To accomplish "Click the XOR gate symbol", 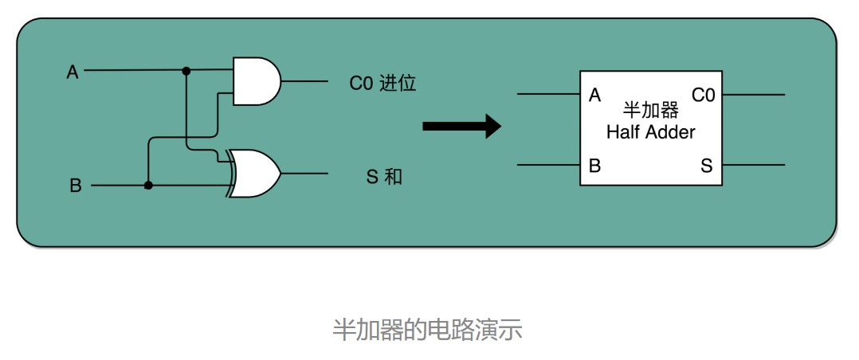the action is (x=255, y=173).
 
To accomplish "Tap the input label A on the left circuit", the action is (x=73, y=72).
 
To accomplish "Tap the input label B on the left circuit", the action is (x=75, y=186).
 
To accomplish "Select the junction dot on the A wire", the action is (x=186, y=71).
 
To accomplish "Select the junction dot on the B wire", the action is (x=148, y=186).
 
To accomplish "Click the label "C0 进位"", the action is (x=383, y=83).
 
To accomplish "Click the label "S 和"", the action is (x=383, y=177).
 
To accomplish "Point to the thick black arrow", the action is (x=462, y=127).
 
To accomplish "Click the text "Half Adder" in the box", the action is (x=651, y=132).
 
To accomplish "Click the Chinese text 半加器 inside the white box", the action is (x=651, y=111).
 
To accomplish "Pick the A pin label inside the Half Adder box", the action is (x=594, y=96).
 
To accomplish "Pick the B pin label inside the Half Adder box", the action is (x=594, y=166).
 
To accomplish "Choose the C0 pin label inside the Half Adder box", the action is (x=704, y=96).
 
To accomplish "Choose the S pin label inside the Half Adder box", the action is (x=707, y=166).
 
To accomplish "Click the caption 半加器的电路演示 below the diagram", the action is (x=427, y=330).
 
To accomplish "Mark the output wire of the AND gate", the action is (x=304, y=82).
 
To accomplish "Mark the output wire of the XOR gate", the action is (x=304, y=174).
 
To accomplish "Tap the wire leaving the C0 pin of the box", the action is (x=753, y=95).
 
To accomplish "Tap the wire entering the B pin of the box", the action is (x=549, y=164).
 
